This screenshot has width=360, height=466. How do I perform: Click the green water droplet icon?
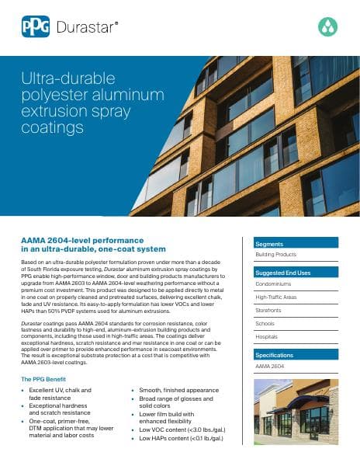pyautogui.click(x=328, y=28)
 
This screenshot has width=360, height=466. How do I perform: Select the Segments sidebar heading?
pyautogui.click(x=270, y=243)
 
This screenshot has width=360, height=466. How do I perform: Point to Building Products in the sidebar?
pyautogui.click(x=275, y=254)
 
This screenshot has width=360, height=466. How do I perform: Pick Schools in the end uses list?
pyautogui.click(x=266, y=323)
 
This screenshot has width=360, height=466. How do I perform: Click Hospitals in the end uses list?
pyautogui.click(x=268, y=336)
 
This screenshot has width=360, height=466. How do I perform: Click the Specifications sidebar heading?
pyautogui.click(x=276, y=354)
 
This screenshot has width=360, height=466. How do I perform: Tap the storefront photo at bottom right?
pyautogui.click(x=296, y=412)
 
